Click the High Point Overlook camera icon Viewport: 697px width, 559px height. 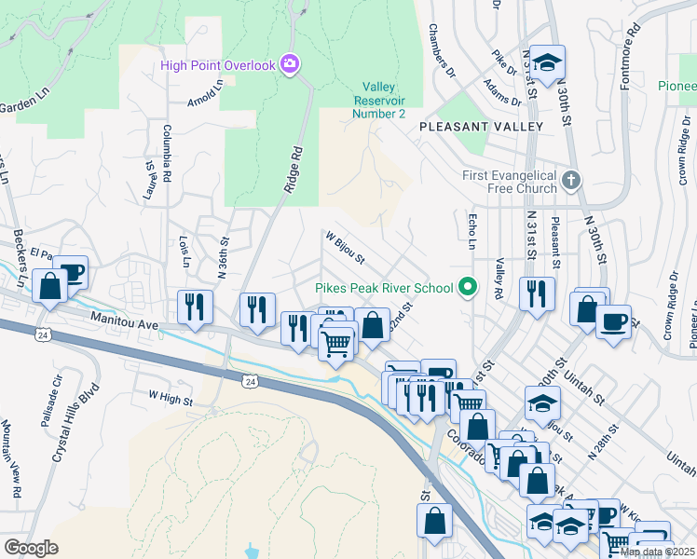(290, 63)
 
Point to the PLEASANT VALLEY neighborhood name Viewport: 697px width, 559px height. (481, 126)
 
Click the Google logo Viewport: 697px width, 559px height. (31, 547)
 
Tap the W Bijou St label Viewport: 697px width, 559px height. (345, 247)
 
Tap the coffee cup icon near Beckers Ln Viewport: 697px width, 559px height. (72, 272)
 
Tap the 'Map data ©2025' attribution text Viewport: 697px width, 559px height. (657, 552)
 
